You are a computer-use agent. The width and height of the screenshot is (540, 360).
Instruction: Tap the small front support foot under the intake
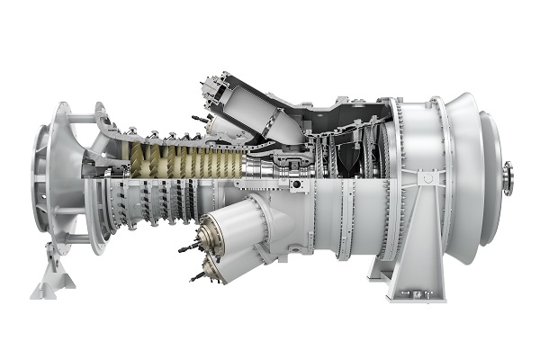[x=52, y=278]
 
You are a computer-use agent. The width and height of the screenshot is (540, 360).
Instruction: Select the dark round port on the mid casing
[x=295, y=186]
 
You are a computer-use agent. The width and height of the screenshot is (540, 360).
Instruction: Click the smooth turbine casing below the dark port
[x=306, y=225]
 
